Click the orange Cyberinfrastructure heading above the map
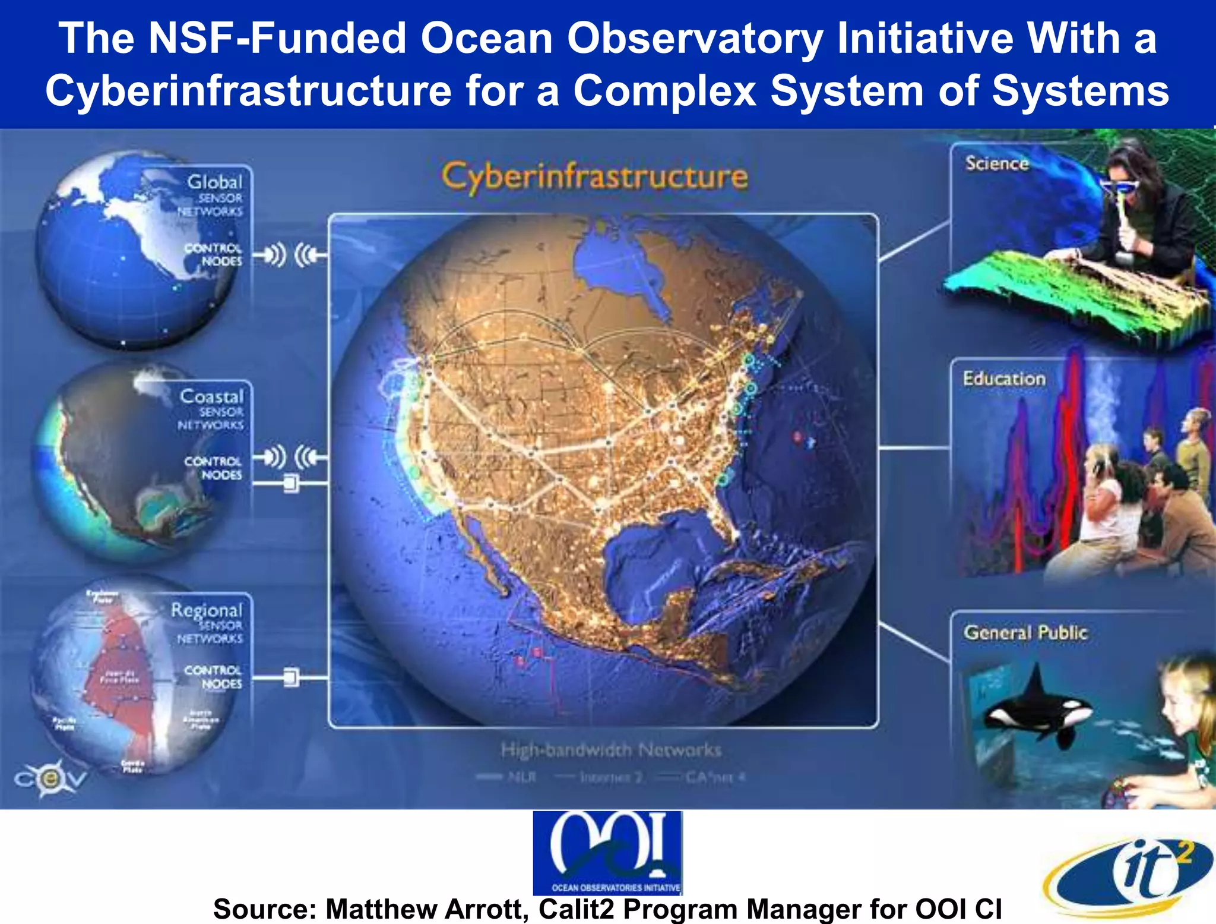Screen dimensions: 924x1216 point(594,176)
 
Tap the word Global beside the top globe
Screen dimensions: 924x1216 point(214,181)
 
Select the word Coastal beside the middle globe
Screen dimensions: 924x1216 point(211,396)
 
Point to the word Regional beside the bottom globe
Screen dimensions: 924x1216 point(207,610)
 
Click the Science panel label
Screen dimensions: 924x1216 point(996,163)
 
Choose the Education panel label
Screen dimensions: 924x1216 point(1004,379)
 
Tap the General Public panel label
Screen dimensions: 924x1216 point(1025,632)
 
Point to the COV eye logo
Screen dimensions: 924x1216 point(50,778)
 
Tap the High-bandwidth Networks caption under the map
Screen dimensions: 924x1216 point(611,750)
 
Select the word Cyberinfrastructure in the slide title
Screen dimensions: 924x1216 point(248,91)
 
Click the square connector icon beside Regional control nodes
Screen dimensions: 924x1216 point(291,677)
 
